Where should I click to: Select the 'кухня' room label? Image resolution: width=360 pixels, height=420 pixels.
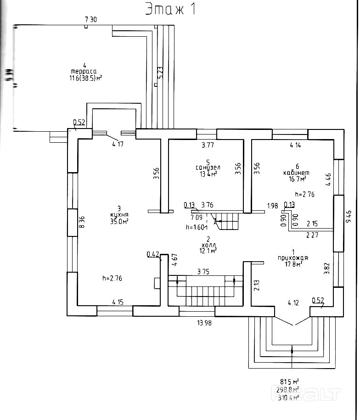click(119, 214)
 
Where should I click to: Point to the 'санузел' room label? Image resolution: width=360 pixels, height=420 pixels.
click(208, 168)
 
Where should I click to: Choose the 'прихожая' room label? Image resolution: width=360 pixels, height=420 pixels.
click(292, 258)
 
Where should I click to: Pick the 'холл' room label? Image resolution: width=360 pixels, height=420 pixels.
click(208, 244)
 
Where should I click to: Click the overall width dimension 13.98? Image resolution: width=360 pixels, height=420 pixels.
click(204, 323)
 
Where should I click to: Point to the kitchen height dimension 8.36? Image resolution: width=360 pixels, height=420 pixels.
click(82, 223)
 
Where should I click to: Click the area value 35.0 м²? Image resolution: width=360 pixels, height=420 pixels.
click(119, 221)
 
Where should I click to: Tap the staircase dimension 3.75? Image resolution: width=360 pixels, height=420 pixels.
click(203, 271)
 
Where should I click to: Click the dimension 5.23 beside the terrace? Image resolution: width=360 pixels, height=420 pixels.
click(160, 73)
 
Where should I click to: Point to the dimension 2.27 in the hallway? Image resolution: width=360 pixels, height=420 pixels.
click(313, 235)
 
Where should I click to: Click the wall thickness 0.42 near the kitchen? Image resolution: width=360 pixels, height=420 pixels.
click(152, 254)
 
